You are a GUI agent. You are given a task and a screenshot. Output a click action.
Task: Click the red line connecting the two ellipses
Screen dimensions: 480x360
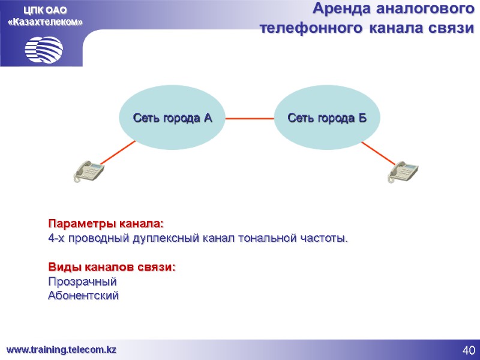coord(250,118)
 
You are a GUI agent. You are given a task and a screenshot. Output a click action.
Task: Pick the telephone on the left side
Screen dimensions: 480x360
coord(88,171)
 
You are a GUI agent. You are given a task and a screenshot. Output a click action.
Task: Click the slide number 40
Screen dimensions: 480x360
coord(469,350)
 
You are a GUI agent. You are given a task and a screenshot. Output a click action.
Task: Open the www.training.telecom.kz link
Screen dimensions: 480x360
coord(61,350)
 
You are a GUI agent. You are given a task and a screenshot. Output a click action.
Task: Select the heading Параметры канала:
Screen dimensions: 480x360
coord(106,224)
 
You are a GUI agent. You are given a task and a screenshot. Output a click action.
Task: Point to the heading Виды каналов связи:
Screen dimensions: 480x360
coord(112,266)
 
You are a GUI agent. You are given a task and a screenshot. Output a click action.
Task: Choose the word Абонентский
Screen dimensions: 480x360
coord(83,296)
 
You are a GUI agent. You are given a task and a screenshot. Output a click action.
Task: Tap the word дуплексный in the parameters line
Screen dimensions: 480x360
coord(167,239)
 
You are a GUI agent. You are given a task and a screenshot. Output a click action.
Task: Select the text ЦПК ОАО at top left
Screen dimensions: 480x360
coord(46,10)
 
